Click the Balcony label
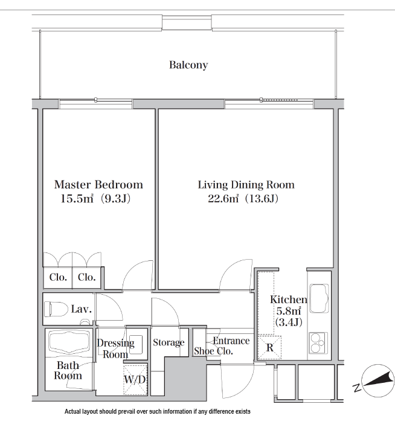click(188, 65)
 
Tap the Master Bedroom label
click(98, 185)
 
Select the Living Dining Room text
click(246, 185)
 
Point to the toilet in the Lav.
click(56, 309)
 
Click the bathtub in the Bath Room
click(69, 342)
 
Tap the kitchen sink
click(319, 298)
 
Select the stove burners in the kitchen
click(318, 342)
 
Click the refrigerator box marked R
click(269, 347)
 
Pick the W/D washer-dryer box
click(135, 379)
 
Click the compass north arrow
click(379, 380)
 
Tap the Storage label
click(169, 342)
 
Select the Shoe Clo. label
click(213, 351)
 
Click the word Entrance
click(231, 341)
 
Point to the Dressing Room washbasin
click(136, 342)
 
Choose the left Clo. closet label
click(58, 277)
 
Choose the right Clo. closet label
click(87, 277)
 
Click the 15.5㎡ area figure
click(77, 199)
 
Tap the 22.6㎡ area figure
click(223, 199)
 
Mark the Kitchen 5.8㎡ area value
click(289, 311)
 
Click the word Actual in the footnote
click(72, 411)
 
